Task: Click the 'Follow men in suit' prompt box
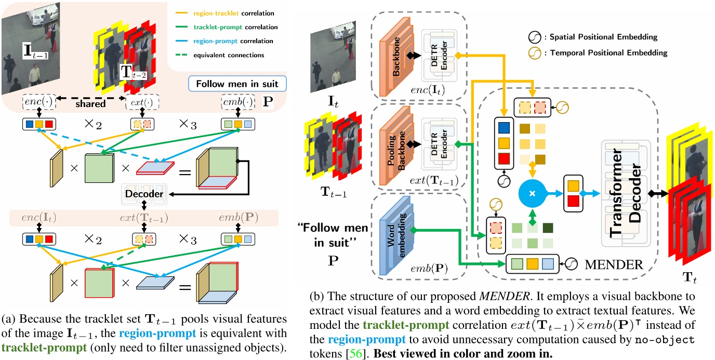[237, 83]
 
